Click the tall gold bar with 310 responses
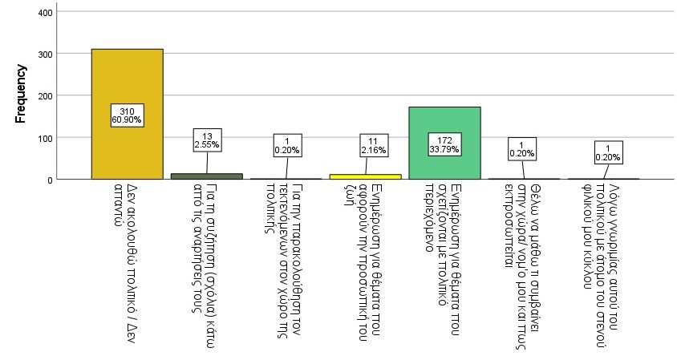coord(127,80)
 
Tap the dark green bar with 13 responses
coord(206,176)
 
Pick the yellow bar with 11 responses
coord(365,176)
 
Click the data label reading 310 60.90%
coord(128,115)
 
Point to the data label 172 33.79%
coord(444,145)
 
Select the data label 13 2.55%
coord(207,140)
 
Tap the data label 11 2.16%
coord(366,145)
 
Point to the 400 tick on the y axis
coord(46,13)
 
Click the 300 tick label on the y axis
coord(46,54)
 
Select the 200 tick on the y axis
coord(46,95)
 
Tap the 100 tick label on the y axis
coord(46,138)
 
